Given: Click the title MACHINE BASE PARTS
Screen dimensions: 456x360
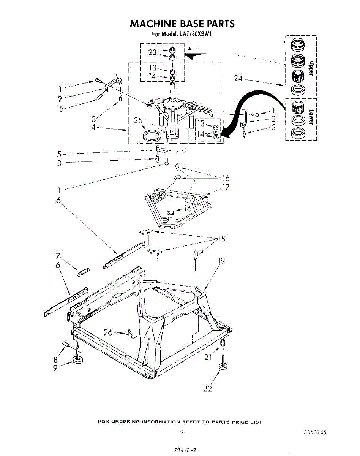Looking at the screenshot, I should [182, 24].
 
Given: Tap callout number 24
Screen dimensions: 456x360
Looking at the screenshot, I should [238, 79].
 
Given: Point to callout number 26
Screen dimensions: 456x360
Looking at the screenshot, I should [108, 332].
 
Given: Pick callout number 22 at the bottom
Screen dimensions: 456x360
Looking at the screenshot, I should [207, 389].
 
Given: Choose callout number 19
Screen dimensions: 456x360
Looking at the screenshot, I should [221, 261].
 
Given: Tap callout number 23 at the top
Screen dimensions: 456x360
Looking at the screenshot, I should [152, 52].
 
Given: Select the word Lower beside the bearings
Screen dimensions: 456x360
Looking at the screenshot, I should [311, 117].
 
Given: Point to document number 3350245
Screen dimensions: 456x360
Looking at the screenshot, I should [315, 432].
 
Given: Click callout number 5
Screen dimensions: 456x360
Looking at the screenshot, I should [59, 154].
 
